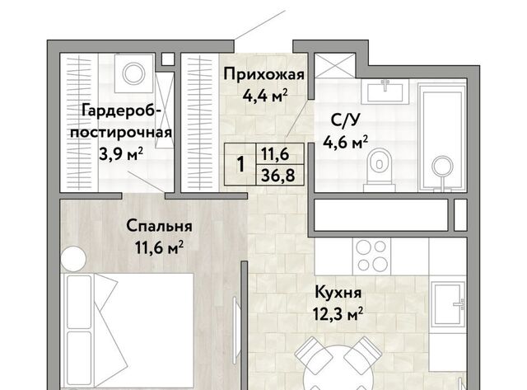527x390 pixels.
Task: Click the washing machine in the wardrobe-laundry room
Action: (x=133, y=73)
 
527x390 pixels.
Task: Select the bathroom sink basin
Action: (x=385, y=92)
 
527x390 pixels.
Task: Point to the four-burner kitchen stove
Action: (x=371, y=256)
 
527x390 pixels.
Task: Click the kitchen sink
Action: (x=448, y=304)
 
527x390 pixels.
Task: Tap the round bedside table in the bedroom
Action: (x=73, y=259)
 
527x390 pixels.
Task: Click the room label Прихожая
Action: (x=263, y=75)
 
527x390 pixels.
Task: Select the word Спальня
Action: (x=159, y=227)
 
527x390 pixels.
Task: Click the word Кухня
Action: (x=338, y=293)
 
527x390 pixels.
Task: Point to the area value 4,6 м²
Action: (x=345, y=143)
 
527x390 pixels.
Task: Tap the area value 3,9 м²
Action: (x=121, y=154)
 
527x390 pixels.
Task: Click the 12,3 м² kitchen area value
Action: (x=338, y=314)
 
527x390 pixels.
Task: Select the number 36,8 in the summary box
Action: (x=278, y=176)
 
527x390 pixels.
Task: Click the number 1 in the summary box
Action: (x=240, y=165)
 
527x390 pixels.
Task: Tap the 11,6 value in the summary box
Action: (x=275, y=154)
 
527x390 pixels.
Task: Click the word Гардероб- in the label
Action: (x=119, y=110)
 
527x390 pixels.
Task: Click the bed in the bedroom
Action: (x=127, y=331)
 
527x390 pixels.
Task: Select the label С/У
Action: (x=341, y=121)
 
